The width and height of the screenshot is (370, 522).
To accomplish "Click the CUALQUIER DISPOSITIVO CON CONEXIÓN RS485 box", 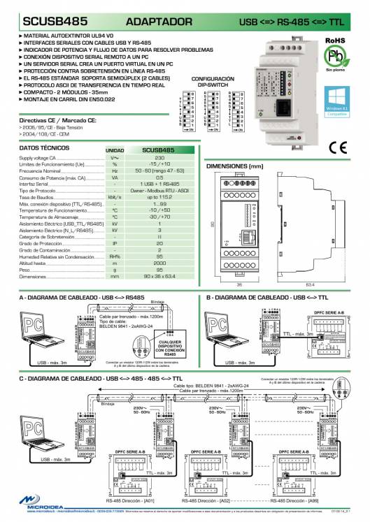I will click(x=170, y=347).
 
